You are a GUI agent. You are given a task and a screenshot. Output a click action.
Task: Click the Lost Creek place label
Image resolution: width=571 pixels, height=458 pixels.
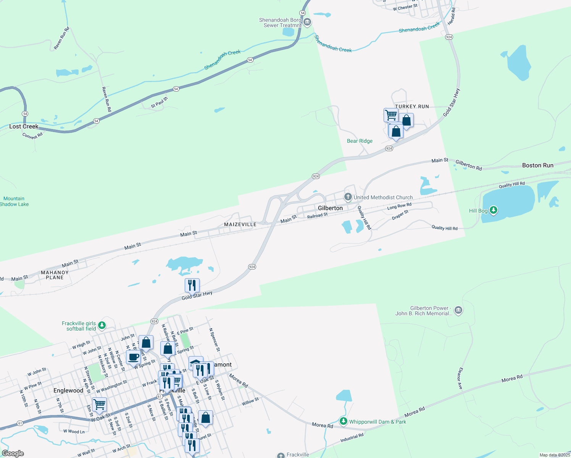click(x=24, y=126)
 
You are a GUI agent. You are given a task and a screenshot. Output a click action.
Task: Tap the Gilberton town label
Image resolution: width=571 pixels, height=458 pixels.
click(x=330, y=208)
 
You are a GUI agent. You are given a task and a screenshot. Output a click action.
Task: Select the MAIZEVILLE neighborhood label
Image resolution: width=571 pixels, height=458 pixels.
click(x=240, y=224)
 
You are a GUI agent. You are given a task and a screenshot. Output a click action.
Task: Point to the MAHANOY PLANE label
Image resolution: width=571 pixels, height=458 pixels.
click(x=55, y=275)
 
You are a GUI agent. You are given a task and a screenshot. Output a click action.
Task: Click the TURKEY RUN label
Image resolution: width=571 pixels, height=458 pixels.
click(x=412, y=106)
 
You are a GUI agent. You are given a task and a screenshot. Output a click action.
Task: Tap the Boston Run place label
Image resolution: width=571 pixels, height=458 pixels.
click(x=537, y=165)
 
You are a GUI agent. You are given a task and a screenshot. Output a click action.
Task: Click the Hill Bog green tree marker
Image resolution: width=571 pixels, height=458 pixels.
click(x=494, y=210)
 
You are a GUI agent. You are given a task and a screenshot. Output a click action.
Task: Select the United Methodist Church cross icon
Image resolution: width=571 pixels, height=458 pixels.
click(x=348, y=197)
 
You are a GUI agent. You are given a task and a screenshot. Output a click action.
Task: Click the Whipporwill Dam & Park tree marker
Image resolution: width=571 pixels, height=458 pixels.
click(x=344, y=421)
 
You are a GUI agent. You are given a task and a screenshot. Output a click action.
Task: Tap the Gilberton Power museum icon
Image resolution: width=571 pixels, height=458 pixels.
click(x=459, y=310)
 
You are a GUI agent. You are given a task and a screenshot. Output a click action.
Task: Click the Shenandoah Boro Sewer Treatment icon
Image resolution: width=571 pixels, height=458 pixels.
click(x=307, y=22)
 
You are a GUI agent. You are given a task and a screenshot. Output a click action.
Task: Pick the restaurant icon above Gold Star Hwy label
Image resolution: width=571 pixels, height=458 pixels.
click(x=192, y=285)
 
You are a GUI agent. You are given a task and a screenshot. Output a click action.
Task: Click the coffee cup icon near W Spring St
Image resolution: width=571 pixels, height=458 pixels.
click(x=133, y=357)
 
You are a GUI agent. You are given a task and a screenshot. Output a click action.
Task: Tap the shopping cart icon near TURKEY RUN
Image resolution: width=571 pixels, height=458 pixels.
click(x=391, y=114)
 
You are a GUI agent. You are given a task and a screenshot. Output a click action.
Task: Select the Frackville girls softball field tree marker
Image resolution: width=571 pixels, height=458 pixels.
click(x=102, y=325)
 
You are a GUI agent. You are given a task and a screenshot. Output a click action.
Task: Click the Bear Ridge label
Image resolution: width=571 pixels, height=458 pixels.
click(x=360, y=141)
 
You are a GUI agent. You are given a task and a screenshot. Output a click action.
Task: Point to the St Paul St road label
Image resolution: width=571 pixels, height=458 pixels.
click(x=160, y=102)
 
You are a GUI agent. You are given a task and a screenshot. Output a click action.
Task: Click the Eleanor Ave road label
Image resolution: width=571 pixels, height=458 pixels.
click(x=460, y=379)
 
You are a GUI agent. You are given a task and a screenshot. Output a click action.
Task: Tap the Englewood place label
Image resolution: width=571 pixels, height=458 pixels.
click(x=68, y=390)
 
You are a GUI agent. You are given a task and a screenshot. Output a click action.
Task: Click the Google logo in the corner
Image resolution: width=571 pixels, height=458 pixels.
click(x=13, y=453)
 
